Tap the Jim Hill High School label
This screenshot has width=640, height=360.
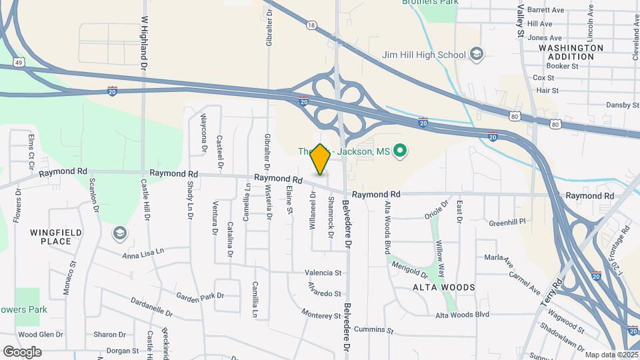click(423, 55)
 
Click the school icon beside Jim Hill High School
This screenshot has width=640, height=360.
click(477, 54)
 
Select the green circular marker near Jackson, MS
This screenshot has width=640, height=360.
click(400, 151)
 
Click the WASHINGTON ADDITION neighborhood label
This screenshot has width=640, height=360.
click(571, 52)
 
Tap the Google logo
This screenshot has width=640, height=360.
click(22, 351)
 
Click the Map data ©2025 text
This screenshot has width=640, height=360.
click(611, 355)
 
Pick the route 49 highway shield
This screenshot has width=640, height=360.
click(19, 63)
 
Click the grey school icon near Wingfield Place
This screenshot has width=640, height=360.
click(119, 233)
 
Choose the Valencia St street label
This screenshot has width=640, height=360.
click(323, 273)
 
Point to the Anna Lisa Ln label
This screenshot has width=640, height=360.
click(143, 253)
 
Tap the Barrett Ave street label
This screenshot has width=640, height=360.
click(545, 10)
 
